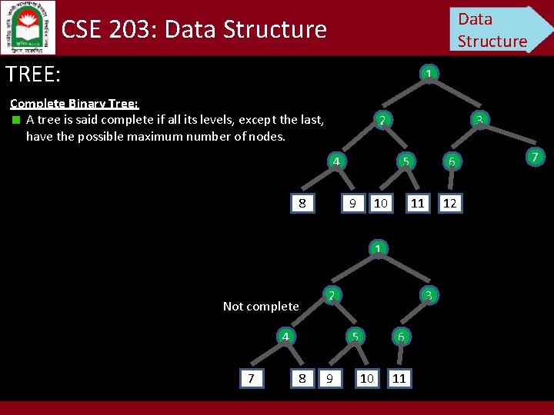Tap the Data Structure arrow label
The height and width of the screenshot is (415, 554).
pyautogui.click(x=496, y=29)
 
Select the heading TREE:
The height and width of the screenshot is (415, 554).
pyautogui.click(x=33, y=74)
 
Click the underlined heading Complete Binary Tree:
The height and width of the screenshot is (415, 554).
pyautogui.click(x=74, y=104)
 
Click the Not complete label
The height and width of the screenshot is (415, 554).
pyautogui.click(x=261, y=307)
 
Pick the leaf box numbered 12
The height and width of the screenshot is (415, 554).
pyautogui.click(x=450, y=204)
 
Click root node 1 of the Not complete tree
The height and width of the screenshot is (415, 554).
pyautogui.click(x=378, y=249)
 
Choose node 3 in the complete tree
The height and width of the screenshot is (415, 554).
pyautogui.click(x=479, y=120)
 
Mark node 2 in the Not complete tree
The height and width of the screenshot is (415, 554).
pyautogui.click(x=330, y=295)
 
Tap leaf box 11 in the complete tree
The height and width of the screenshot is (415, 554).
pyautogui.click(x=417, y=204)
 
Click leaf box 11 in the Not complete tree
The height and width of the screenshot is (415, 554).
pyautogui.click(x=399, y=378)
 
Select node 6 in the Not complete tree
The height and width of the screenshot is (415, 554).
pyautogui.click(x=400, y=337)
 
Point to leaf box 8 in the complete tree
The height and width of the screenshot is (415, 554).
pyautogui.click(x=302, y=204)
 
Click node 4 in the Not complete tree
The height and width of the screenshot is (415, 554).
pyautogui.click(x=285, y=337)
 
